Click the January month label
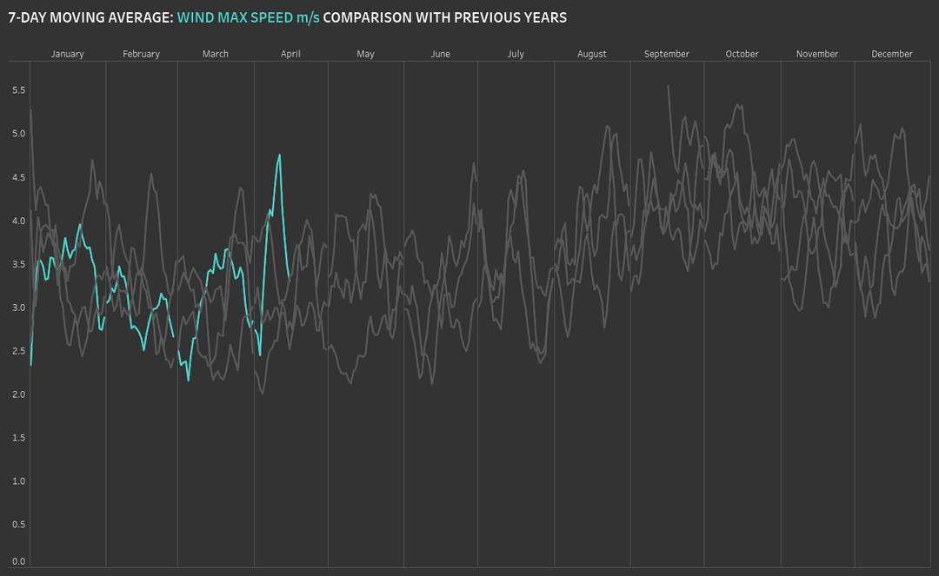coord(67,54)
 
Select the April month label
coord(290,54)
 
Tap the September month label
coord(667,54)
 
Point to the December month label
coord(892,54)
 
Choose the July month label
coord(516,54)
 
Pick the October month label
coord(743,54)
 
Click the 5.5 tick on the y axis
coord(19,90)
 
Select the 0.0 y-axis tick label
coord(19,561)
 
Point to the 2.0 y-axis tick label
coord(19,394)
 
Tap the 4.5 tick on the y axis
coord(19,177)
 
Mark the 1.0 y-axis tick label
coord(19,481)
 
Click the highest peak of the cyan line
coord(279,156)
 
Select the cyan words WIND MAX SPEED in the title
coord(235,17)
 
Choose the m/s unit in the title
coord(308,17)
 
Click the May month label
coord(365,54)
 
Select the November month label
coord(817,54)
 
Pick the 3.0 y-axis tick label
coord(19,308)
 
